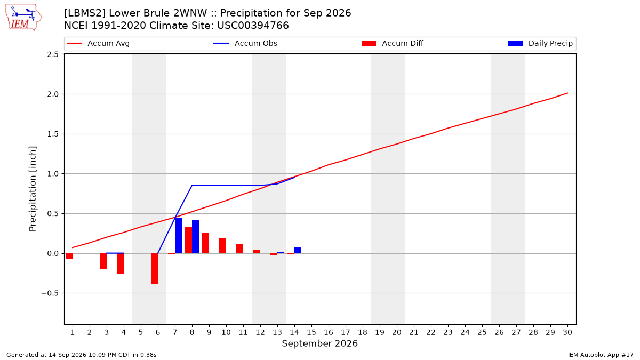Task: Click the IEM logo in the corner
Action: (x=23, y=18)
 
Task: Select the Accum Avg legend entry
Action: (x=98, y=43)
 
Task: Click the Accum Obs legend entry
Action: (x=245, y=43)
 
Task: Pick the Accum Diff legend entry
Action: (x=393, y=43)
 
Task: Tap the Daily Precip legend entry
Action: (x=540, y=43)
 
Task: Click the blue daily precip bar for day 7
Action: (x=178, y=236)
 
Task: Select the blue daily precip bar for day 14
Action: (x=298, y=250)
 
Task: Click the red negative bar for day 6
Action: (x=154, y=269)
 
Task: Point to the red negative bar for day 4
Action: (x=121, y=263)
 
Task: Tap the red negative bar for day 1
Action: (x=69, y=256)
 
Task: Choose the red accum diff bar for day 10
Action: (x=222, y=246)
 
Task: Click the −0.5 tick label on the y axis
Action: (x=50, y=293)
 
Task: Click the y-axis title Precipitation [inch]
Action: (x=33, y=189)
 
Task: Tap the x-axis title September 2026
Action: (x=319, y=343)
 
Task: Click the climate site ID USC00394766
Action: (x=253, y=26)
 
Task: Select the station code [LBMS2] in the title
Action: (x=85, y=13)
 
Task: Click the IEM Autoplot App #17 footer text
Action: (x=601, y=355)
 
